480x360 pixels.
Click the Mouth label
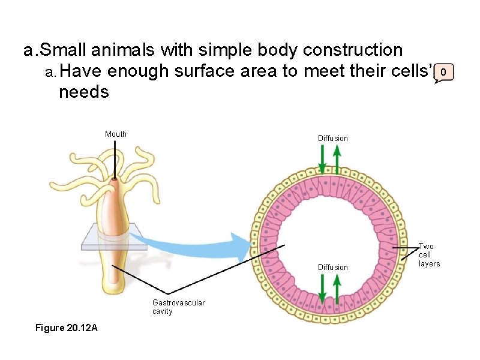point(116,134)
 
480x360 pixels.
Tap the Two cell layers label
point(429,255)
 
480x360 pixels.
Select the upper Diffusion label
point(333,139)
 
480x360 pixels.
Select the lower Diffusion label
point(333,267)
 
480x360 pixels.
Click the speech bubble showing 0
point(443,73)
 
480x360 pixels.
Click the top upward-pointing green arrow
point(337,159)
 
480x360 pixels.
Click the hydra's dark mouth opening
point(116,179)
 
